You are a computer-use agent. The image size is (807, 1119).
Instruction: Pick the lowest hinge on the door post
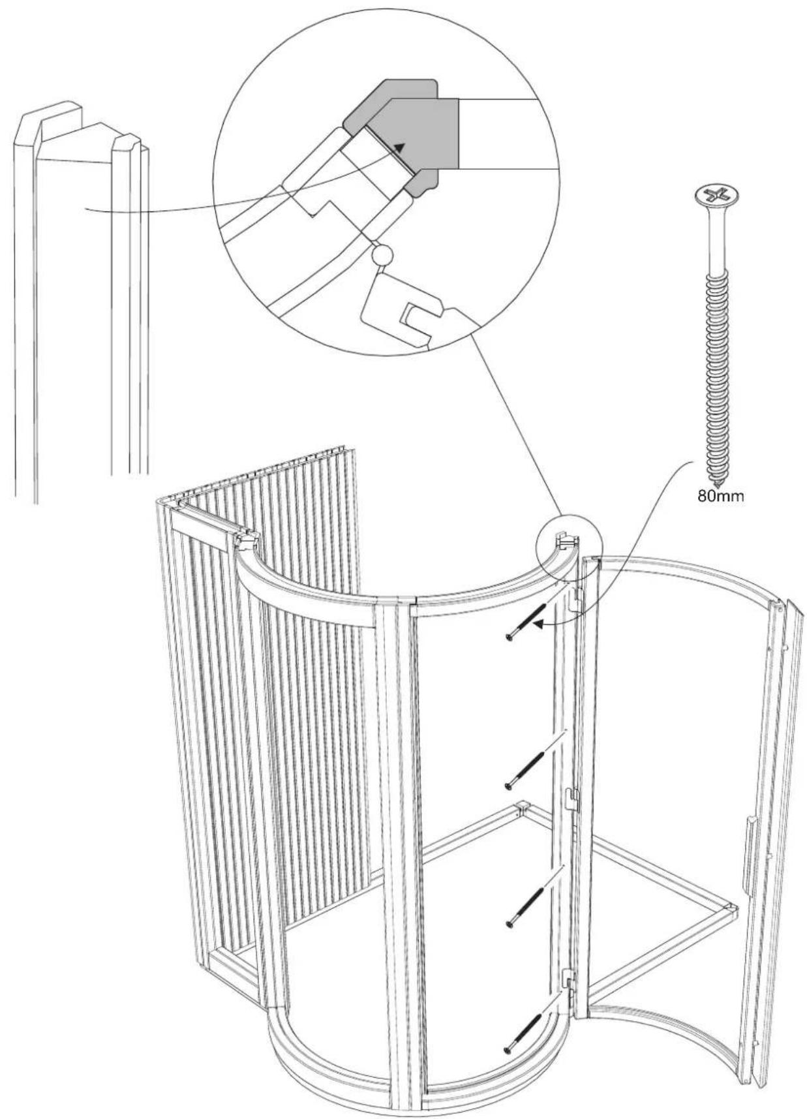[x=569, y=980]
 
